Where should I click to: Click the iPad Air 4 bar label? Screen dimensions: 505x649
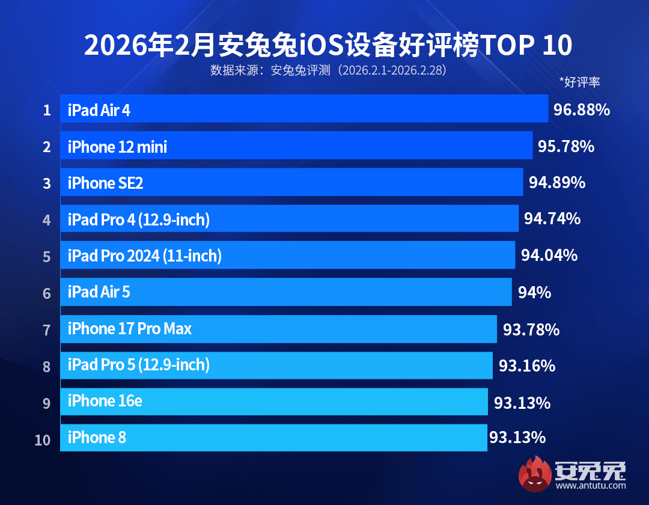pos(99,110)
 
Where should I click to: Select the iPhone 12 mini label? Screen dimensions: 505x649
pos(117,147)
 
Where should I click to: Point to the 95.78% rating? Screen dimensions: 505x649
pos(566,146)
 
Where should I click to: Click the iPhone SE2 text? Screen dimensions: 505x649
pos(105,183)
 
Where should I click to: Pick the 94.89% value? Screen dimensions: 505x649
pos(557,182)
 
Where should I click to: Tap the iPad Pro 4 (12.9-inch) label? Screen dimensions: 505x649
pos(138,220)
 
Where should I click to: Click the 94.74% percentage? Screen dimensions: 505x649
pos(552,219)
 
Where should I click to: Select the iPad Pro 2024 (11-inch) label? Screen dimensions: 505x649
pos(144,257)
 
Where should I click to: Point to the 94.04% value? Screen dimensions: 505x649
pos(549,256)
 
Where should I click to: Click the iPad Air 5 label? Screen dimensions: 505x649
pos(99,293)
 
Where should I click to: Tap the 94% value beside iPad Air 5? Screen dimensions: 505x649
pos(535,293)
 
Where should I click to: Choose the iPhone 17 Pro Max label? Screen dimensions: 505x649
pos(129,329)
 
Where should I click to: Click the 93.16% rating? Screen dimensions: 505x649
pos(527,366)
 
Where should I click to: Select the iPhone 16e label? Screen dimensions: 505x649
pos(105,401)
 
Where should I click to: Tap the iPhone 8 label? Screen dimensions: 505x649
pos(97,438)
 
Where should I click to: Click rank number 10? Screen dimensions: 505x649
pos(43,440)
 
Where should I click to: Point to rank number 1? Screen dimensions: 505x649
pos(46,111)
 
